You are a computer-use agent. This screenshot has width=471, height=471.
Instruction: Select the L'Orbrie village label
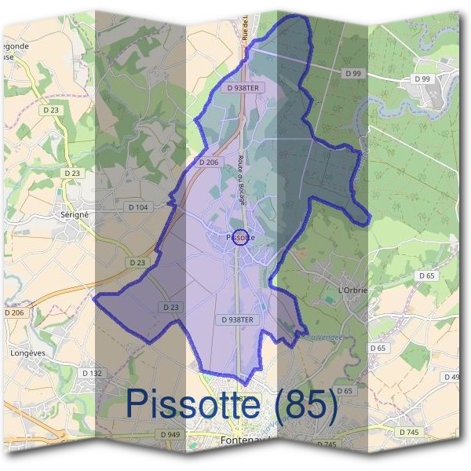(352, 291)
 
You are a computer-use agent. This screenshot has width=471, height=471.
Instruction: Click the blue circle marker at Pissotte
(242, 236)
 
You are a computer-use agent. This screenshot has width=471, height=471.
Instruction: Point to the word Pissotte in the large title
(193, 404)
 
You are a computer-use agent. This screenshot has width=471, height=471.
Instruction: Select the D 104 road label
(137, 207)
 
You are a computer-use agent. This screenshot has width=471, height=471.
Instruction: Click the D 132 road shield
(92, 373)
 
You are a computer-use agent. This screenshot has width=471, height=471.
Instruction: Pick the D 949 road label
(170, 434)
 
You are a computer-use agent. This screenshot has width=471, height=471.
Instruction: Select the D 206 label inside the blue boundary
(207, 162)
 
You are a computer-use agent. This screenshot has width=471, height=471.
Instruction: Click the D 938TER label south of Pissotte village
(238, 319)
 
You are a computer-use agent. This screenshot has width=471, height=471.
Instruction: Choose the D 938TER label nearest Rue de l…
(243, 89)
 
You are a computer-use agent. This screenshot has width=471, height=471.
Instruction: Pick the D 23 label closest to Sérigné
(72, 173)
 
